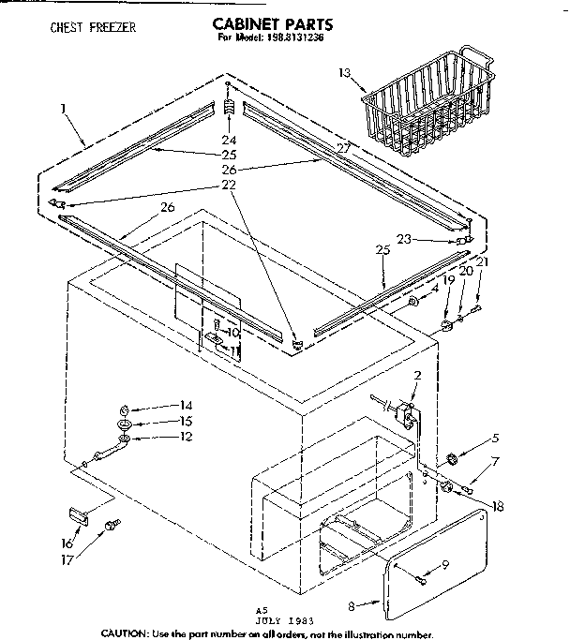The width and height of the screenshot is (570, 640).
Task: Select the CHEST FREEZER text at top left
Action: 93,28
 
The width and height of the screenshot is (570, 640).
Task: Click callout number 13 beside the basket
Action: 344,71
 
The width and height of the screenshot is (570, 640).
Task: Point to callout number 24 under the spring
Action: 229,141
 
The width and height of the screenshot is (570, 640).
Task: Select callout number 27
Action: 343,147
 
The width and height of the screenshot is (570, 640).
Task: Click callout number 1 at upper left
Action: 62,110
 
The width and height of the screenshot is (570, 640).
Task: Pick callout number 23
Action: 404,239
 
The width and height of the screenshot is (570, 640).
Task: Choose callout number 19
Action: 448,279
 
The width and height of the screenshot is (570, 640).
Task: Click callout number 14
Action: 186,405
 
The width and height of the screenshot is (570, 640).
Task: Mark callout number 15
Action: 186,421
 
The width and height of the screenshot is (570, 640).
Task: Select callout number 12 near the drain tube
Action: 186,437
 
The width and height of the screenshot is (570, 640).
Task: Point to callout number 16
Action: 67,543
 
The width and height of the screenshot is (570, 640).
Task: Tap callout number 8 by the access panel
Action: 350,606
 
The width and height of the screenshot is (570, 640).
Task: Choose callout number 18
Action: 497,506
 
